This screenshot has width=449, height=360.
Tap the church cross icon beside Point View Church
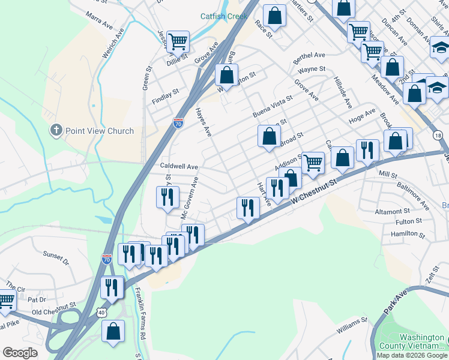tap(56, 130)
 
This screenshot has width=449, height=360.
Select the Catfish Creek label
tap(223, 17)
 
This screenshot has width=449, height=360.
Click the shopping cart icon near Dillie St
tap(178, 41)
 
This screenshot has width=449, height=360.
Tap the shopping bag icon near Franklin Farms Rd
tap(113, 332)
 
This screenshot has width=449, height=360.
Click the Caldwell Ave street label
tap(178, 166)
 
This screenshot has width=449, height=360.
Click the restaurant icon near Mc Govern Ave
tap(167, 197)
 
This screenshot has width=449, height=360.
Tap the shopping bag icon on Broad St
tap(269, 136)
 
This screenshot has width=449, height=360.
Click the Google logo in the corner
tap(20, 353)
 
